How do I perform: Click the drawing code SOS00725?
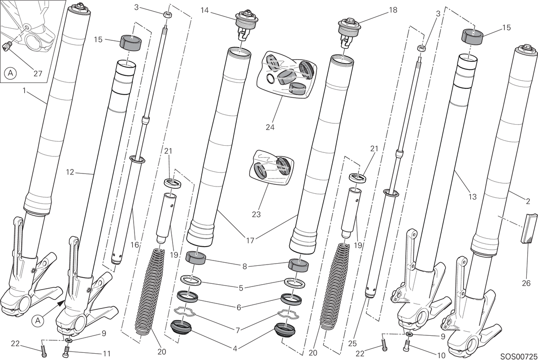[x=519, y=356]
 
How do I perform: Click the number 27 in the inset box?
[x=38, y=74]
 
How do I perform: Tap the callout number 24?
[x=270, y=127]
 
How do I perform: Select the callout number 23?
[x=256, y=214]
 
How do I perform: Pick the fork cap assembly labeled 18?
[x=349, y=32]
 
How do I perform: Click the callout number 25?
[x=352, y=343]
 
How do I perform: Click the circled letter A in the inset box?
[x=10, y=73]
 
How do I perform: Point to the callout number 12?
[x=70, y=172]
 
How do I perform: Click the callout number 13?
[x=472, y=197]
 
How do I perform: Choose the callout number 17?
[x=250, y=240]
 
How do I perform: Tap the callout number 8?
[x=244, y=266]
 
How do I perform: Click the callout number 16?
[x=135, y=245]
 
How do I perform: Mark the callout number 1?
[x=24, y=91]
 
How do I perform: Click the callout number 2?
[x=528, y=201]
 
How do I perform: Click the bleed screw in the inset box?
[x=7, y=46]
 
